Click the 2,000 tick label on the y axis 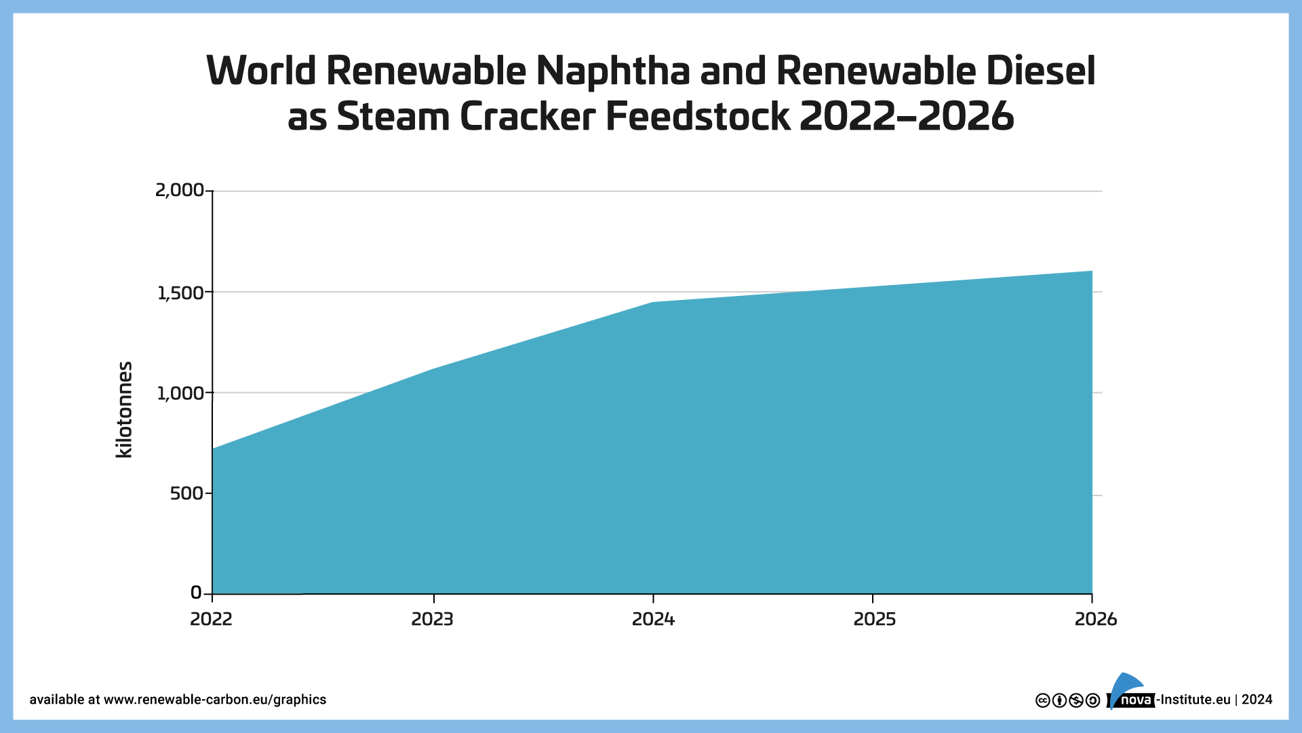pyautogui.click(x=179, y=190)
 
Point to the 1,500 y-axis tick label pyautogui.click(x=180, y=293)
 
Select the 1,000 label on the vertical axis pyautogui.click(x=180, y=394)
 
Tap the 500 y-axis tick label pyautogui.click(x=186, y=493)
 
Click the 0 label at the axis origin pyautogui.click(x=196, y=593)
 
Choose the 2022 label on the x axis pyautogui.click(x=211, y=619)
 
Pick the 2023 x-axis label pyautogui.click(x=432, y=619)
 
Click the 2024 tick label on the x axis pyautogui.click(x=653, y=619)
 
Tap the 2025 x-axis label pyautogui.click(x=874, y=619)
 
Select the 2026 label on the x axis pyautogui.click(x=1095, y=619)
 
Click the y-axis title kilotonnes pyautogui.click(x=125, y=410)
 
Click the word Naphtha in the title pyautogui.click(x=613, y=71)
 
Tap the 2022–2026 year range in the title pyautogui.click(x=907, y=117)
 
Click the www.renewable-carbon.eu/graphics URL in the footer pyautogui.click(x=214, y=700)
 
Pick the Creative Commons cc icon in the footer pyautogui.click(x=1043, y=700)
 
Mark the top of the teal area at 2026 pyautogui.click(x=1091, y=271)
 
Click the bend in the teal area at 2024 pyautogui.click(x=652, y=303)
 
